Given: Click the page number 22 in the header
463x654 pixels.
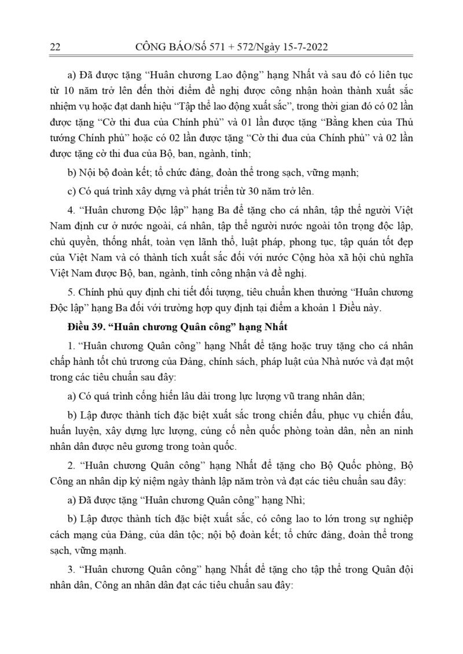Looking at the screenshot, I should coord(56,47).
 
